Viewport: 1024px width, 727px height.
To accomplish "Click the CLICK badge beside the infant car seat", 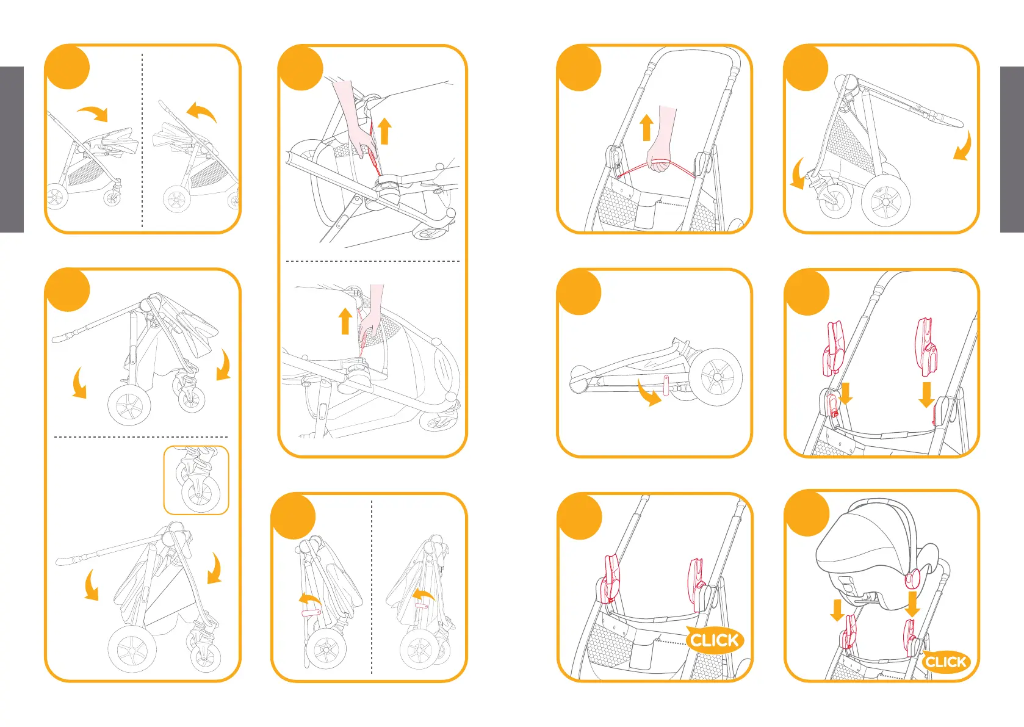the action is tap(945, 661).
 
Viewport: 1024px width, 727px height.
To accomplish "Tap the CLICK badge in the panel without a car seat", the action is tap(715, 640).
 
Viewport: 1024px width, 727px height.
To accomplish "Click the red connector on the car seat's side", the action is tap(913, 579).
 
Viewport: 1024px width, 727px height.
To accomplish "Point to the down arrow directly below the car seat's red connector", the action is tap(912, 604).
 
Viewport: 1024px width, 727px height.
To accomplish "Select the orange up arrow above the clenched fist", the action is tap(646, 127).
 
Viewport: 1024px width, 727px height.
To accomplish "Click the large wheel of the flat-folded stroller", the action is tap(715, 377).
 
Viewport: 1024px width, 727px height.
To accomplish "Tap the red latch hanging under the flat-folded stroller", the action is tap(666, 385).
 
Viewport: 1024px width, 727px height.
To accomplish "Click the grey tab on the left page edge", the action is tap(12, 150).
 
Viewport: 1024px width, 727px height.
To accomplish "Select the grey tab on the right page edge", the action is tap(1012, 150).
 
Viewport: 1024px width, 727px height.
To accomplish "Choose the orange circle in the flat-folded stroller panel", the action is tap(579, 292).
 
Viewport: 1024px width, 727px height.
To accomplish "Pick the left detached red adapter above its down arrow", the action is tap(833, 349).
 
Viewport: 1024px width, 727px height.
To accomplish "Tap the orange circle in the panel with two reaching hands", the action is tap(301, 68).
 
